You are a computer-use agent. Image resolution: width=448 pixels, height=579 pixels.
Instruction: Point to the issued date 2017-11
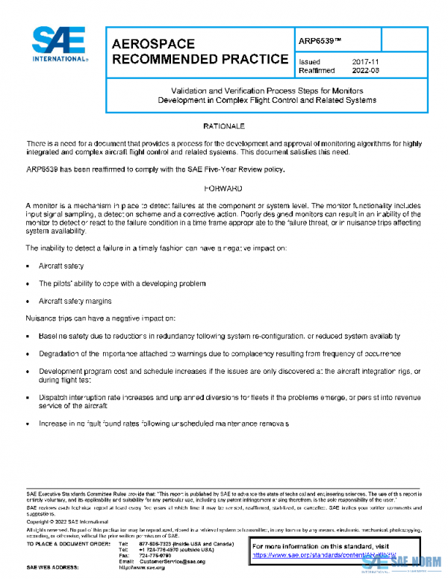(x=361, y=61)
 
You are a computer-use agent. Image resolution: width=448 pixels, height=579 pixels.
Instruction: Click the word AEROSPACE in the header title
(x=153, y=44)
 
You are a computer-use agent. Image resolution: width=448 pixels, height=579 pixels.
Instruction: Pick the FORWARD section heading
(x=223, y=189)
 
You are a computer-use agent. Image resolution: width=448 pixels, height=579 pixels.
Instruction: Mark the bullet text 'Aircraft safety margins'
(x=75, y=301)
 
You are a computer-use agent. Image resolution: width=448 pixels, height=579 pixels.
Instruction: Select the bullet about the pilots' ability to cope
(x=122, y=284)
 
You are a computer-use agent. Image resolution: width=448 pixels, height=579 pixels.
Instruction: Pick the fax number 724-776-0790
(x=152, y=554)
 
